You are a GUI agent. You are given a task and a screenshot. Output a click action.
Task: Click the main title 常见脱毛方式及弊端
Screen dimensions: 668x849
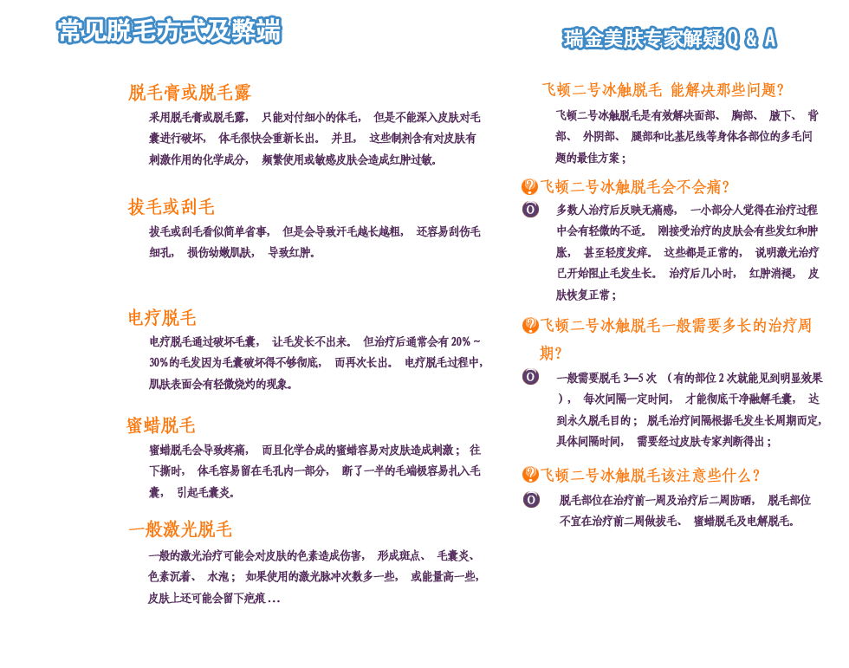[169, 31]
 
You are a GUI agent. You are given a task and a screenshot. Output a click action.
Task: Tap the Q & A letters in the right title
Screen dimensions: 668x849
[749, 38]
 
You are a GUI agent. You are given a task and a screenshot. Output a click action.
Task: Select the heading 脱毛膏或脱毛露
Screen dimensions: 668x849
[189, 93]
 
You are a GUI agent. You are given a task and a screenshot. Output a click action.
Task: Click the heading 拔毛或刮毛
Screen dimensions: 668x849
[171, 207]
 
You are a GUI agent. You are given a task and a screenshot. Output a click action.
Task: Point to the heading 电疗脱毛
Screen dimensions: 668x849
[162, 318]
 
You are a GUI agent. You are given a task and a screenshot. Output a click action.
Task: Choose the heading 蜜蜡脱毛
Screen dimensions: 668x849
[161, 425]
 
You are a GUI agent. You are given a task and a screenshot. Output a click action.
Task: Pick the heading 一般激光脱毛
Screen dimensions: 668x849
[180, 529]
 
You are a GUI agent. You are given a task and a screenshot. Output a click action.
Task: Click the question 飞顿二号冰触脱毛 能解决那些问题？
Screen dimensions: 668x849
[663, 90]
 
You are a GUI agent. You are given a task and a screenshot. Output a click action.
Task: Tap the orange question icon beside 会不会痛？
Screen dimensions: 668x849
[529, 186]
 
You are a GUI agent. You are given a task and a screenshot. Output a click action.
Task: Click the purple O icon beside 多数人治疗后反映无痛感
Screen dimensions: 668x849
[530, 210]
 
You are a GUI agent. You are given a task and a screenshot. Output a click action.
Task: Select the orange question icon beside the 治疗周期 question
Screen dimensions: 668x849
[530, 326]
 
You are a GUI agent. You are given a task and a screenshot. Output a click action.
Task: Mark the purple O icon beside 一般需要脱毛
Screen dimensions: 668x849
[530, 377]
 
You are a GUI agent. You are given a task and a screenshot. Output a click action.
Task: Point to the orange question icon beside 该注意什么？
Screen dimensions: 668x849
[530, 475]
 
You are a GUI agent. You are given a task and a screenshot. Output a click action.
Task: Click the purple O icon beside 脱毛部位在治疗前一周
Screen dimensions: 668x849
[531, 500]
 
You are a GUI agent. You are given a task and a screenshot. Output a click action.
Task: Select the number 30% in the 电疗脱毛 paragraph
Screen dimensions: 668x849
[159, 362]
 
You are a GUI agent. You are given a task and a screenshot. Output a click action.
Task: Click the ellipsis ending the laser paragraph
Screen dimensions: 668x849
[274, 599]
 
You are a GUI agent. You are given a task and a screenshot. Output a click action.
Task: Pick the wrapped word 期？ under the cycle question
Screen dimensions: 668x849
[552, 353]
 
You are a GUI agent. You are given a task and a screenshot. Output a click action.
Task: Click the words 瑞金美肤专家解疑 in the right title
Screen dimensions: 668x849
[642, 38]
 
